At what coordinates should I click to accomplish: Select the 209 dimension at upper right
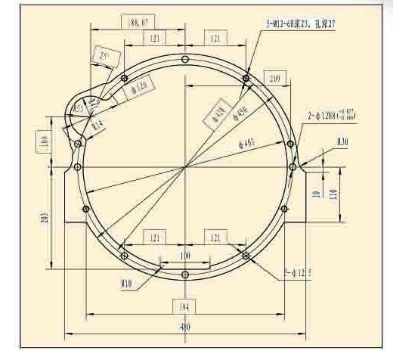click(x=274, y=79)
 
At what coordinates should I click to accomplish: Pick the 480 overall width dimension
click(x=184, y=327)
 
